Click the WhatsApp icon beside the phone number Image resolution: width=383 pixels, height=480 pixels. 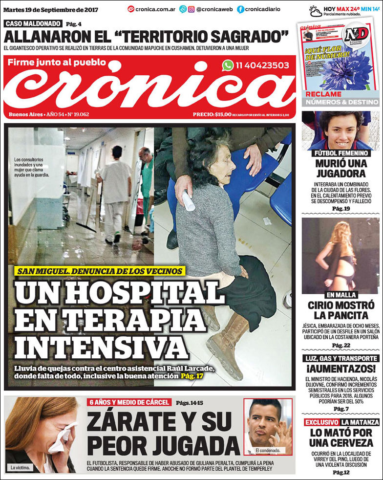click(228, 65)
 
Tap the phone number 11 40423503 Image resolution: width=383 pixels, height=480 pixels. click(262, 65)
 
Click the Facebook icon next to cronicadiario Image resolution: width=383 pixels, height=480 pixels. click(241, 9)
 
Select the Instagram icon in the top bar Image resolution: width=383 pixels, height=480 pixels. click(191, 9)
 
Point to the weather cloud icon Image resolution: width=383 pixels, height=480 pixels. click(316, 11)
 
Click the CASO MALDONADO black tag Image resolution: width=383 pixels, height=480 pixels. click(33, 23)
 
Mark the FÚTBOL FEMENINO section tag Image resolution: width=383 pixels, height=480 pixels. click(341, 153)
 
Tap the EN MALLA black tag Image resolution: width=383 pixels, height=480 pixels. click(341, 295)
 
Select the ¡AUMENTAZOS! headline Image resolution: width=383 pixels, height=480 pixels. click(340, 369)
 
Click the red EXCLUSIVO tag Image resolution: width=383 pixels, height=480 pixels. click(321, 422)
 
